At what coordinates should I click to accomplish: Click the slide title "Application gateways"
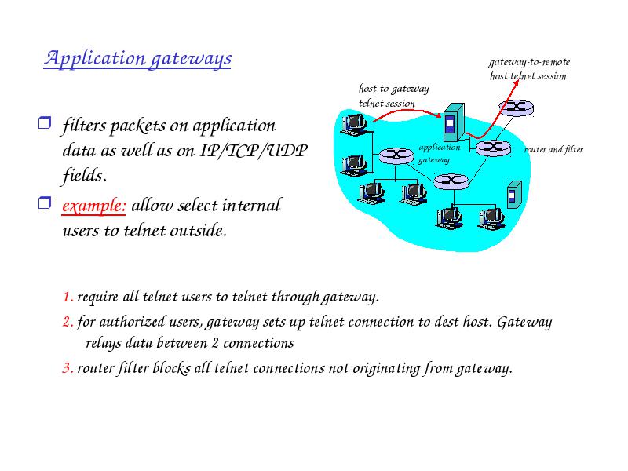(137, 58)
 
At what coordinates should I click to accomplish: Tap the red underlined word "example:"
(93, 206)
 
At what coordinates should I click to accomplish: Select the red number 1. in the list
(68, 298)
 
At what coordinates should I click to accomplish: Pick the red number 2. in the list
(68, 322)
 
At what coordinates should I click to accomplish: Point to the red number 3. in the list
(68, 368)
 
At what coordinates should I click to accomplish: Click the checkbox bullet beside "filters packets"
(45, 122)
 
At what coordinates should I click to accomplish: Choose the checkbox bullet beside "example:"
(45, 203)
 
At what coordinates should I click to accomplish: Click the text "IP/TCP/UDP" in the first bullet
(254, 151)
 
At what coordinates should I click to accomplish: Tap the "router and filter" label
(553, 150)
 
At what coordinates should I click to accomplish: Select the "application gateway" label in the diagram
(440, 153)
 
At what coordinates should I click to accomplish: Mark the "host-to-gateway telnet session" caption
(393, 96)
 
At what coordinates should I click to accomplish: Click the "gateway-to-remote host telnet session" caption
(529, 69)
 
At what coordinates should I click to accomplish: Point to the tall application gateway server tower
(454, 122)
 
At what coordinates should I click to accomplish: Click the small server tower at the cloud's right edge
(514, 195)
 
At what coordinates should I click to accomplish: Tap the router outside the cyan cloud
(516, 108)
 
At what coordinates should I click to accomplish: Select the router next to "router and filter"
(493, 148)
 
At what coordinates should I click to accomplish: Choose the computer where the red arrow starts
(354, 124)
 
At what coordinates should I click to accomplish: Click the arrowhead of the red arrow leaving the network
(516, 83)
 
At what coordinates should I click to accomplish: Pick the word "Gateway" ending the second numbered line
(524, 323)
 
